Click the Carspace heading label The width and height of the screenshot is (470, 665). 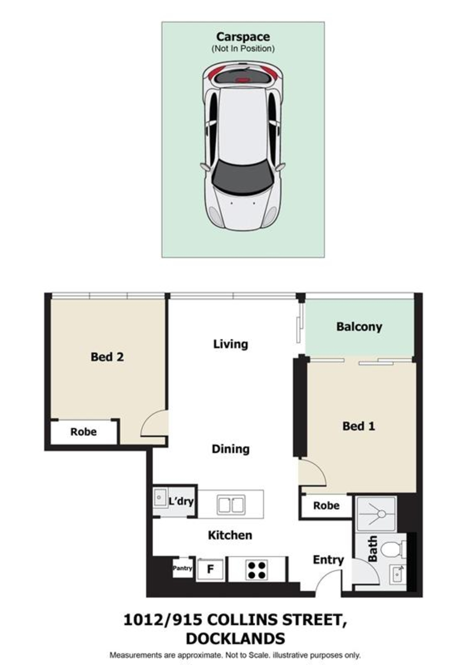pos(243,37)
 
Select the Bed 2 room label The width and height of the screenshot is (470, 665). pos(107,357)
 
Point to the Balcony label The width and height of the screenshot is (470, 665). pos(359,327)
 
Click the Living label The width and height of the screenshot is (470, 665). pos(231,344)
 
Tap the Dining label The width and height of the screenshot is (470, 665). pos(231,449)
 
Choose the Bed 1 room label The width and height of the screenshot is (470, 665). pos(359,426)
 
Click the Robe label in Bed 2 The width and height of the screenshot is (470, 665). pos(84,432)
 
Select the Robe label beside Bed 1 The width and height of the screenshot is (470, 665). pos(327,506)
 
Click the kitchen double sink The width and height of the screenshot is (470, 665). pos(231,505)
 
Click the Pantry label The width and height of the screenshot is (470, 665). pos(182,568)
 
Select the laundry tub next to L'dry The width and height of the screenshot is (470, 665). pos(160,498)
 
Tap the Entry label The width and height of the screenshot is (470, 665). pos(328,560)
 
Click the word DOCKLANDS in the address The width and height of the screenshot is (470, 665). pos(235,639)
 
